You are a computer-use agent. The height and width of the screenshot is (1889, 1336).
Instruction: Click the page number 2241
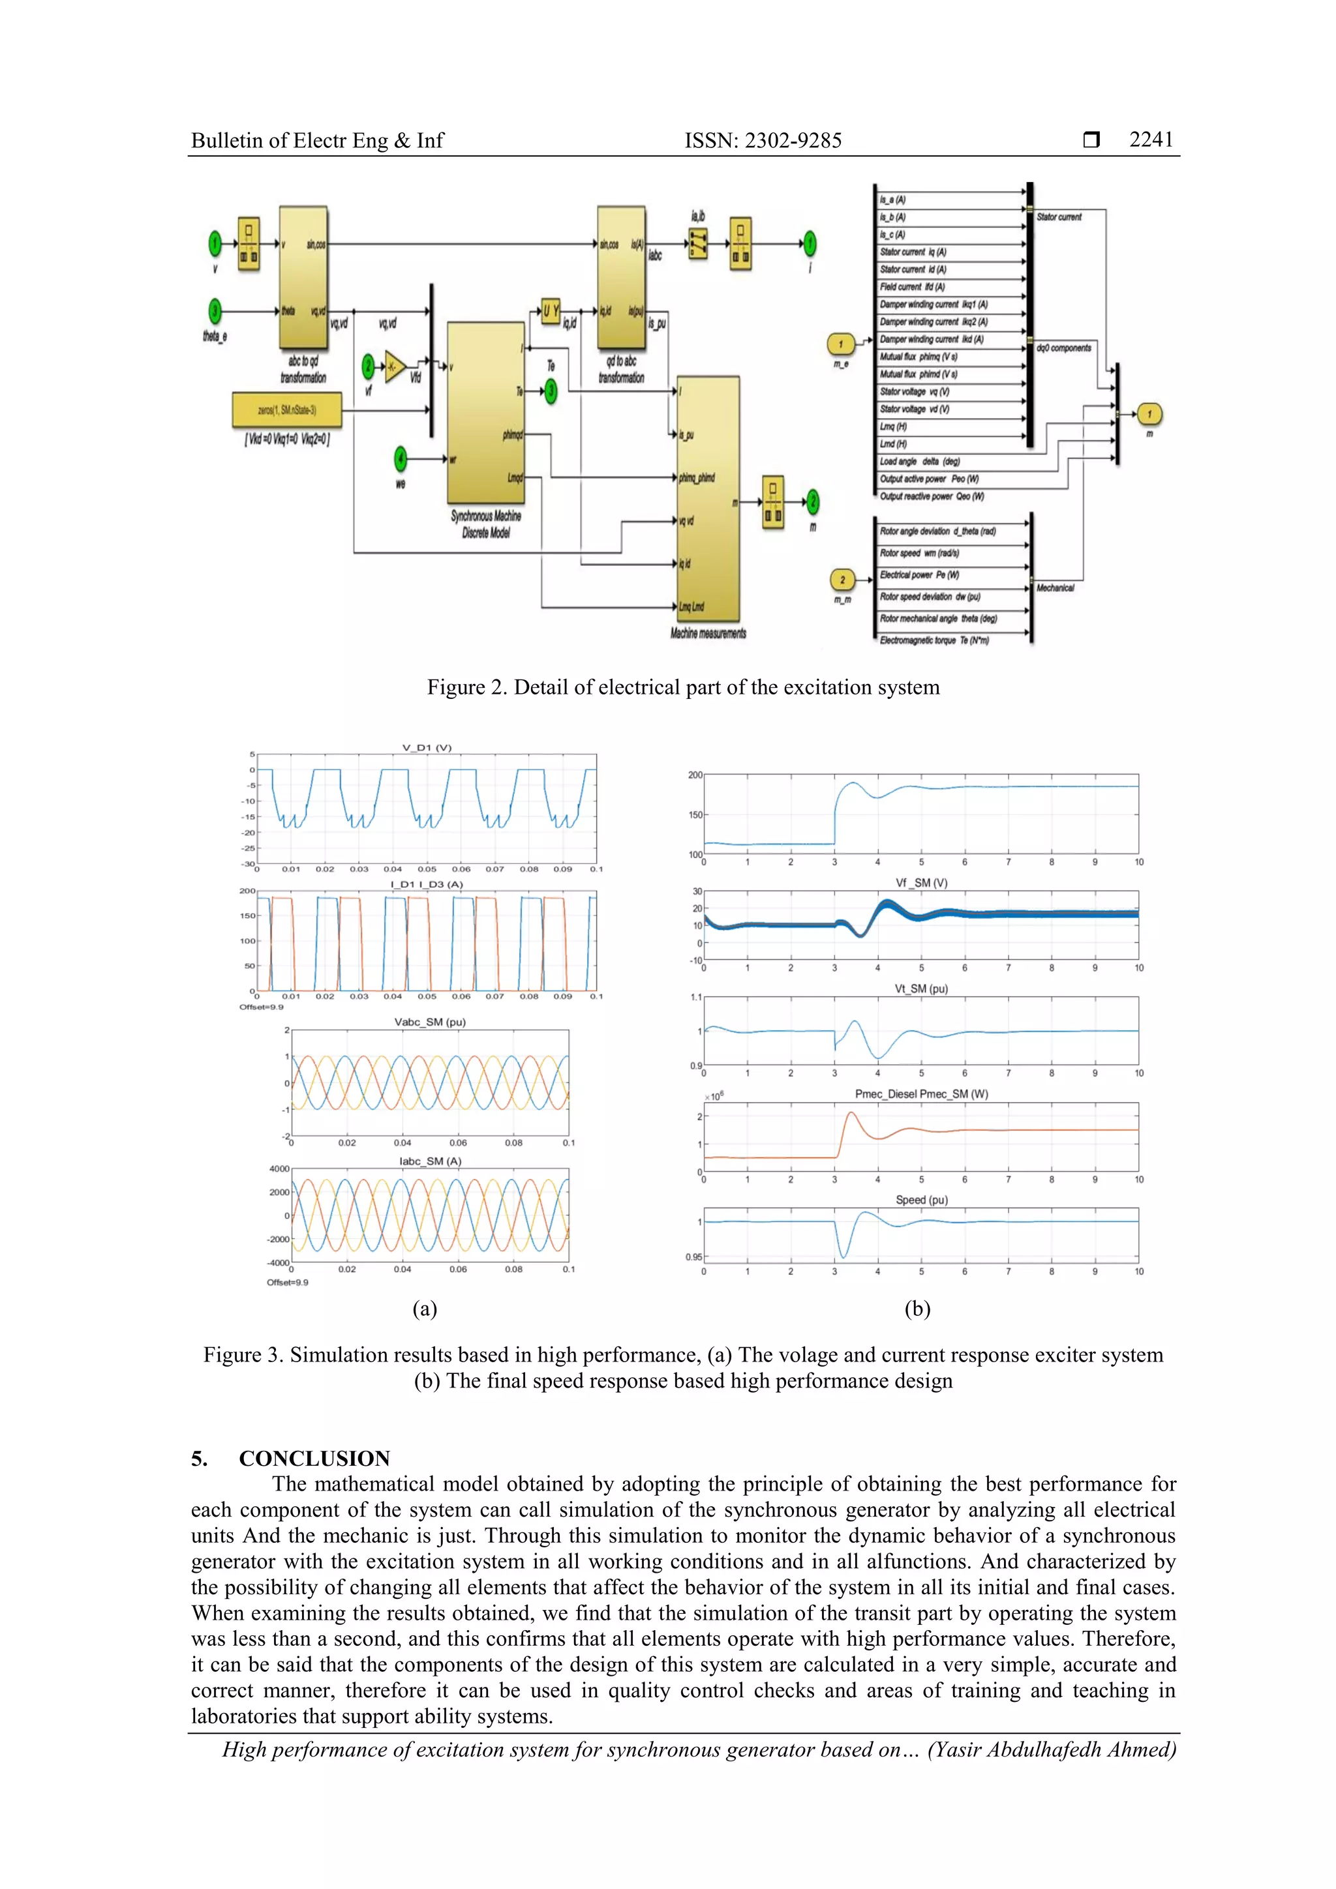click(1150, 140)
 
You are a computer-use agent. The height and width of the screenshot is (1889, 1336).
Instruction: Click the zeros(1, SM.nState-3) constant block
click(286, 409)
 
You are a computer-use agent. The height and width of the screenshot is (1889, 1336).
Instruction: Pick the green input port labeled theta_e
click(215, 311)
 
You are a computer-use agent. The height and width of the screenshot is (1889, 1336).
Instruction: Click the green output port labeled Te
click(550, 392)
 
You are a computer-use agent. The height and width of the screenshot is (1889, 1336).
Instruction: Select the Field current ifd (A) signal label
click(911, 287)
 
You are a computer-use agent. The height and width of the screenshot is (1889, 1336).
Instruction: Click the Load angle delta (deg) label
click(918, 462)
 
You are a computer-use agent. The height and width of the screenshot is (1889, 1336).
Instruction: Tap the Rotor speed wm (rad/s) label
click(918, 553)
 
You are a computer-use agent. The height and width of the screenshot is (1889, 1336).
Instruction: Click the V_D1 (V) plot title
click(427, 748)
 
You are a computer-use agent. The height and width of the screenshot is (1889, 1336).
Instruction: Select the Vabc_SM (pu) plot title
click(430, 1022)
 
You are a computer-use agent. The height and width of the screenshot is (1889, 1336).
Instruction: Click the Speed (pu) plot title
click(921, 1200)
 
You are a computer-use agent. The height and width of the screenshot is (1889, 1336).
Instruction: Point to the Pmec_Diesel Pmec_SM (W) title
click(921, 1094)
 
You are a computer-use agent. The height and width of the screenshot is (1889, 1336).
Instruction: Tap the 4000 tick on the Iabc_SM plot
click(279, 1169)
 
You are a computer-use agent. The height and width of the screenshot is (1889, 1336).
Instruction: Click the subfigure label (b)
click(917, 1309)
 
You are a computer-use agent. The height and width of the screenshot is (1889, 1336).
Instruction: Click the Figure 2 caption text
click(682, 688)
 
